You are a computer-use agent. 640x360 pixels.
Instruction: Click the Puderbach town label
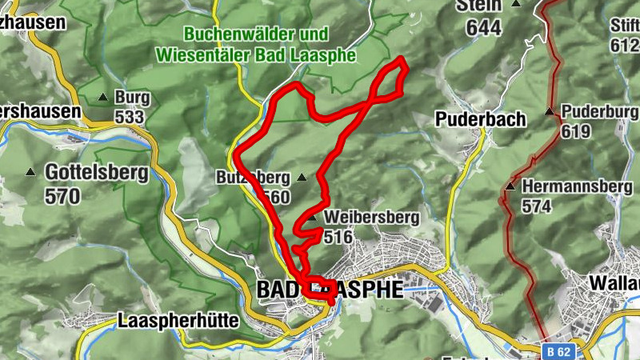[481, 119]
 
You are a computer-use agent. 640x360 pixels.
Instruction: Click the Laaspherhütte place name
[178, 321]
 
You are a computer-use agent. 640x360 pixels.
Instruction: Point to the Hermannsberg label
[572, 186]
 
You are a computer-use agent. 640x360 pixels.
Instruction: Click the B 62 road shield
[559, 350]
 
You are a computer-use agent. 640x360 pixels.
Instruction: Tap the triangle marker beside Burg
[102, 98]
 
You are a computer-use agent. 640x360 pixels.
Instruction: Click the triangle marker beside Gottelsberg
[30, 172]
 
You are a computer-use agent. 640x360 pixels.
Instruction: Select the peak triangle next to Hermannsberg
[510, 187]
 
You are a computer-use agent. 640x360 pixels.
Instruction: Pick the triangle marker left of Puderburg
[550, 112]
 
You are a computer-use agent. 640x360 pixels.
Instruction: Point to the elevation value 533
[129, 118]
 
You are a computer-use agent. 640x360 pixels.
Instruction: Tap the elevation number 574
[538, 206]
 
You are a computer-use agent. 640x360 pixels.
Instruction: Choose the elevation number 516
[339, 236]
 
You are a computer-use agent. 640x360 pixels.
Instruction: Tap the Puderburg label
[594, 111]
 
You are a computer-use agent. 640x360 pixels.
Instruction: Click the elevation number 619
[575, 131]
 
